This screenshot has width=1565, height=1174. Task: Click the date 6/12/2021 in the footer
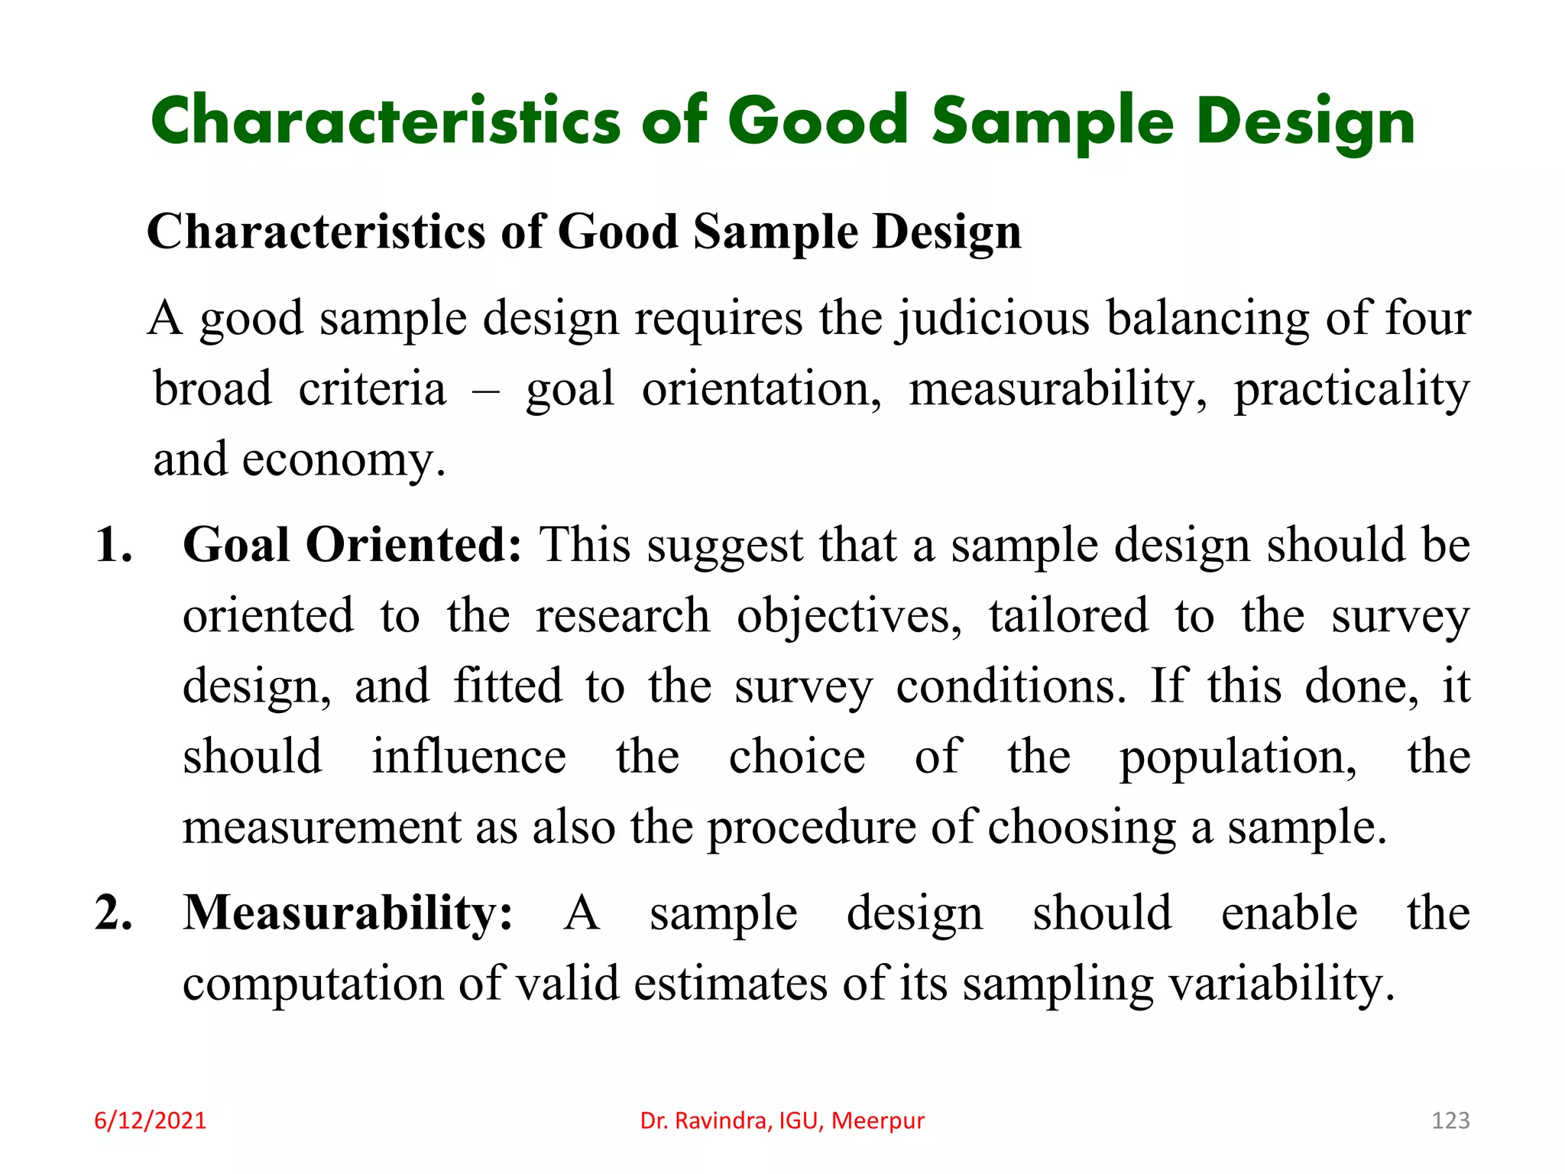coord(150,1120)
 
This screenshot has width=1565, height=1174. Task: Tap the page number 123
coord(1450,1120)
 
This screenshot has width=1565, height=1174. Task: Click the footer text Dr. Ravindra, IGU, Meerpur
coord(782,1120)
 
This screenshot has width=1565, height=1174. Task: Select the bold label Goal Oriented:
coord(352,546)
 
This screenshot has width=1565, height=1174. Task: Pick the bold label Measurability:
coord(348,913)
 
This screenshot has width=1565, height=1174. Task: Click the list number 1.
coord(113,546)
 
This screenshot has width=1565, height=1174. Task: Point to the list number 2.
coord(113,913)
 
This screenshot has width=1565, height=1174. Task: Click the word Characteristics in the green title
coord(386,122)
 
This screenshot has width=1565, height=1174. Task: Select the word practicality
coord(1351,390)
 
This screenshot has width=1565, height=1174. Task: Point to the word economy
coord(343,461)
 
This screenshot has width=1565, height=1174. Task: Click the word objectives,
coord(849,618)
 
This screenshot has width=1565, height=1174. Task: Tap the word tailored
coord(1068,616)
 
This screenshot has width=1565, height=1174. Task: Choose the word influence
coord(468,757)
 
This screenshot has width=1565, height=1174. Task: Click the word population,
coord(1238,758)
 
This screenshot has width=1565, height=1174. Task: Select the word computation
coord(313,984)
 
